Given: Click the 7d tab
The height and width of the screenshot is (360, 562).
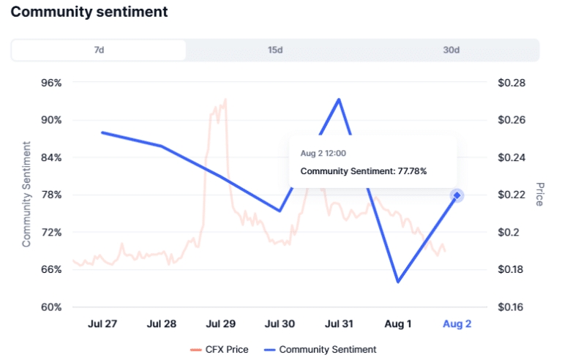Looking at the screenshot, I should click(99, 50).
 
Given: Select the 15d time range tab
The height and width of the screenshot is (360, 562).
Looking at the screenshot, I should click(275, 50).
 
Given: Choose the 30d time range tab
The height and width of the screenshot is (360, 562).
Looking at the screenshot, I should click(451, 50).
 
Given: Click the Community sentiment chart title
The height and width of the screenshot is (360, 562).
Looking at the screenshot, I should click(89, 12).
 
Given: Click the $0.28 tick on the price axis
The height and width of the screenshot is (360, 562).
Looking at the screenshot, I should click(512, 83).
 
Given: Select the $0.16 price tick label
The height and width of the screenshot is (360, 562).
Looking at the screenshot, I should click(512, 307).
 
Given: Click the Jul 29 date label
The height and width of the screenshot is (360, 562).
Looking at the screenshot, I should click(220, 324).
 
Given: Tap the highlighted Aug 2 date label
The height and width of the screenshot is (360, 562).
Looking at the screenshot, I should click(457, 324).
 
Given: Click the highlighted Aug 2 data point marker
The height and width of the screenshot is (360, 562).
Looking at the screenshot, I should click(457, 195).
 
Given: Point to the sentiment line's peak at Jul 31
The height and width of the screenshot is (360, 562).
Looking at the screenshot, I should click(339, 99).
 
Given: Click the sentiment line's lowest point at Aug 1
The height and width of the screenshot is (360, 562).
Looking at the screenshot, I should click(398, 282).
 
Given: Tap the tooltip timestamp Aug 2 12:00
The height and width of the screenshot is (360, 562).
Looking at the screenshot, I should click(323, 154).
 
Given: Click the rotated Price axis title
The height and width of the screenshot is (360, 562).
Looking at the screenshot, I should click(541, 194).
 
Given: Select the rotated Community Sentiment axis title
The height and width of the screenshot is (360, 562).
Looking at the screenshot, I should click(27, 194).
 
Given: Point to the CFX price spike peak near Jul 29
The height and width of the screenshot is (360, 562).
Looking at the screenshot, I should click(225, 99).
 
